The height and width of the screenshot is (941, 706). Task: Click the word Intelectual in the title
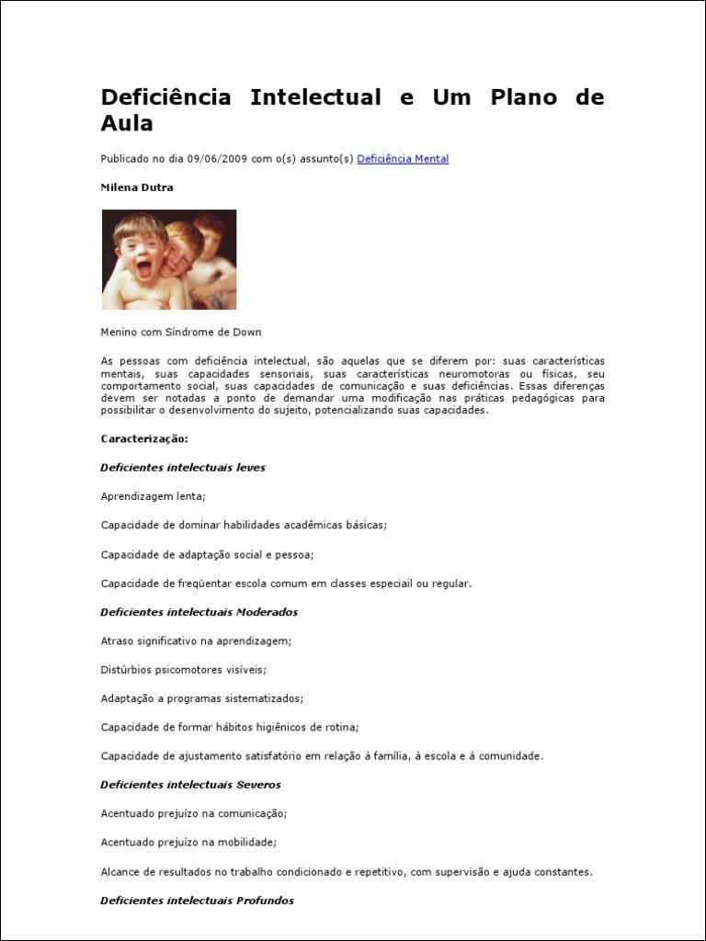315,97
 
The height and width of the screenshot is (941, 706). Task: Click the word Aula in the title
127,123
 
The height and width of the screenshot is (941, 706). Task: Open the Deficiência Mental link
403,159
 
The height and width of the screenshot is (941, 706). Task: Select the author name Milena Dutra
137,187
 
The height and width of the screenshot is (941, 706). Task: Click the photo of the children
169,259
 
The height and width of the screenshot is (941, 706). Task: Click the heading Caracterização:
144,438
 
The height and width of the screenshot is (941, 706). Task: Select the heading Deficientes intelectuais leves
183,467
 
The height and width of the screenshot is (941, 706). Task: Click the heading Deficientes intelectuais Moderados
199,612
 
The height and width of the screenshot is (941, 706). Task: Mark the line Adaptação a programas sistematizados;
201,698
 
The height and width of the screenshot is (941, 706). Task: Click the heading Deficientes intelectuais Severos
190,785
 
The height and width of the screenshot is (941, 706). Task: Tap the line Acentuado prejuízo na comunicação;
194,813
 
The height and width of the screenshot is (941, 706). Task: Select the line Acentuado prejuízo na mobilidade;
188,842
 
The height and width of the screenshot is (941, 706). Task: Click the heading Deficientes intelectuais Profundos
197,901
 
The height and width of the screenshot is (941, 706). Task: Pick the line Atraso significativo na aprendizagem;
196,641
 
